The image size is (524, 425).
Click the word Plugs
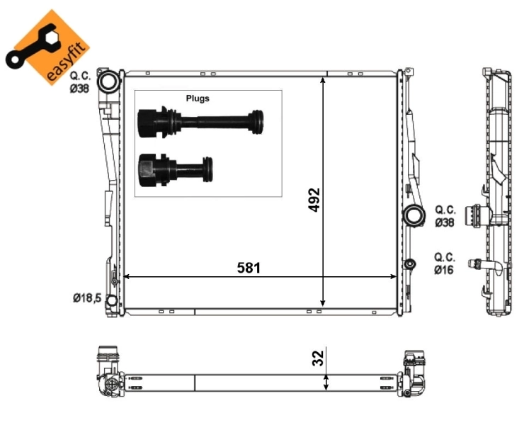pos(198,98)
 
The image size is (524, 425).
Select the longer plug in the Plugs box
pos(203,123)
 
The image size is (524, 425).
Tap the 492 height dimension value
pos(314,200)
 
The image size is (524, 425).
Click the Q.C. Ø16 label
pos(445,263)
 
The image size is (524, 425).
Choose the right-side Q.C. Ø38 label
pos(445,215)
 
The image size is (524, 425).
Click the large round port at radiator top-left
pos(108,82)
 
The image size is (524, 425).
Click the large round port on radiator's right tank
pos(411,216)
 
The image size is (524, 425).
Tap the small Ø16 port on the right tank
pos(409,265)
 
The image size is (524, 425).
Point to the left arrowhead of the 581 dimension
pos(127,277)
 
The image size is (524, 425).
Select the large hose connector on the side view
pos(472,215)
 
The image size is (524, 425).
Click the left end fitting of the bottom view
pos(108,372)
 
